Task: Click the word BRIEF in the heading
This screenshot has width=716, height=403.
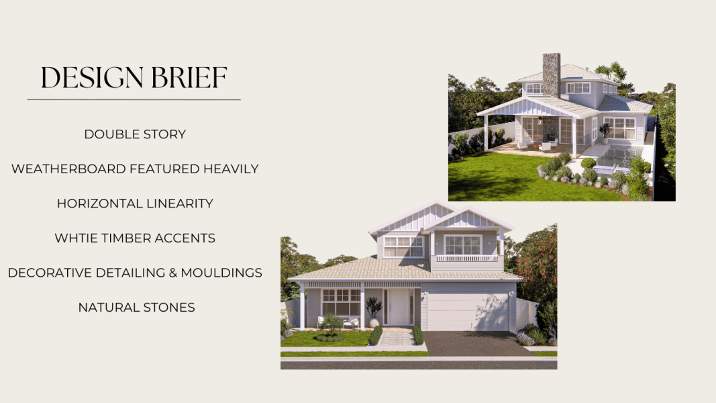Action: [x=189, y=77]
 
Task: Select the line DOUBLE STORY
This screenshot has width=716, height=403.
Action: [x=135, y=134]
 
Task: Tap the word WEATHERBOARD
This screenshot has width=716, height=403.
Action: [x=68, y=169]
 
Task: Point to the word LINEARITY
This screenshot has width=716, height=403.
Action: [x=179, y=204]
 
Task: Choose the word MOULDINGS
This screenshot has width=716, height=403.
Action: [x=221, y=273]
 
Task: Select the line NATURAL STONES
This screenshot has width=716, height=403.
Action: [x=136, y=308]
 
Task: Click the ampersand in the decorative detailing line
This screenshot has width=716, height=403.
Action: [x=172, y=273]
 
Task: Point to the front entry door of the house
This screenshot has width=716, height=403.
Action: [x=397, y=307]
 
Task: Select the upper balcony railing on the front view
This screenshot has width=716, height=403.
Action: [x=467, y=258]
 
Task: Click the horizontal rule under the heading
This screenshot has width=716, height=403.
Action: [x=134, y=99]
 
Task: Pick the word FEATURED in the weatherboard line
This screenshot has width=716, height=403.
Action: [x=164, y=169]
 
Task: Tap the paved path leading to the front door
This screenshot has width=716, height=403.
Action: [x=397, y=338]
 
